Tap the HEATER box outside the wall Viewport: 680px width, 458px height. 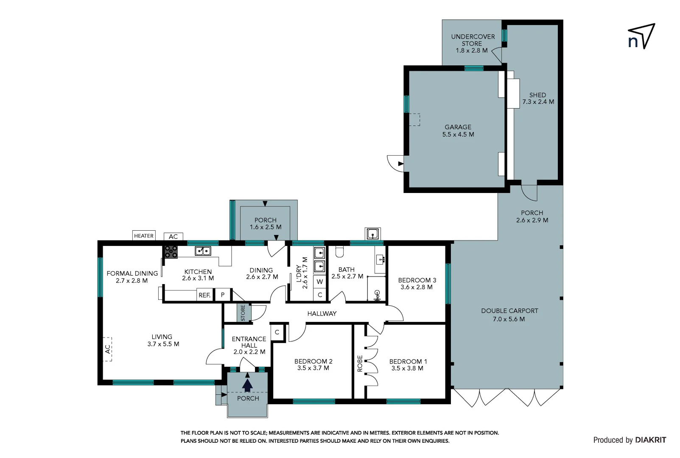click(x=144, y=236)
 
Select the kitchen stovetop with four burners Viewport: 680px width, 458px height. click(x=171, y=252)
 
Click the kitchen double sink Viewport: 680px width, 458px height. click(x=203, y=251)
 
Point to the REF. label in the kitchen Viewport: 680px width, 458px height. click(x=204, y=295)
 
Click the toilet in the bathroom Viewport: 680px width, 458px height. click(x=339, y=252)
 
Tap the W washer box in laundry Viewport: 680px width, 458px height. click(x=320, y=282)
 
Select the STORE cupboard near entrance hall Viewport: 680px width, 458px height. click(x=243, y=313)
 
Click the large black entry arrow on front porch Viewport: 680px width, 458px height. click(x=247, y=385)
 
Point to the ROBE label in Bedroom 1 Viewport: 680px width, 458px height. click(x=360, y=363)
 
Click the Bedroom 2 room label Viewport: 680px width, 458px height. click(x=313, y=361)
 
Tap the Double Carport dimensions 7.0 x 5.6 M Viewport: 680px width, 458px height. click(x=509, y=319)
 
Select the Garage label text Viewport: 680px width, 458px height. click(x=458, y=127)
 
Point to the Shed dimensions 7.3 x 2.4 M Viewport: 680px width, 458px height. click(x=538, y=102)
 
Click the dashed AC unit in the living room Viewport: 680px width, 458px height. click(x=108, y=349)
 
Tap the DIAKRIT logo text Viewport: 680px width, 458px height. click(x=651, y=440)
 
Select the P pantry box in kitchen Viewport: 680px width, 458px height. click(x=223, y=295)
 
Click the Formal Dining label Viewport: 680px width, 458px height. click(x=132, y=274)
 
